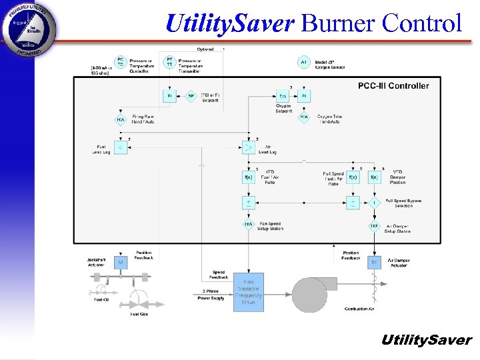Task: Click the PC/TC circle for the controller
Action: (x=121, y=63)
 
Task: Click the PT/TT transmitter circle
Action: (x=169, y=62)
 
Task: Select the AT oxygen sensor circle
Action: (x=304, y=63)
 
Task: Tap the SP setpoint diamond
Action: (x=191, y=96)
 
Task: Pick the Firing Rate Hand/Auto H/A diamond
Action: (x=121, y=120)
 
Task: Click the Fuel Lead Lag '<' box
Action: (x=121, y=147)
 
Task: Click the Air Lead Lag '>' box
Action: (x=249, y=147)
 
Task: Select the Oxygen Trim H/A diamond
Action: (x=304, y=117)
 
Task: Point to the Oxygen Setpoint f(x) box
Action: (x=283, y=96)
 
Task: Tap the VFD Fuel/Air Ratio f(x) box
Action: (x=249, y=177)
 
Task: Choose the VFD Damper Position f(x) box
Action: (x=374, y=177)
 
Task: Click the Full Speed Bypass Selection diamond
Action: (x=374, y=202)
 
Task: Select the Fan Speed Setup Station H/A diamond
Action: (x=249, y=225)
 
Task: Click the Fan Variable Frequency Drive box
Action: (x=249, y=292)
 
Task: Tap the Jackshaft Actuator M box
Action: (x=121, y=263)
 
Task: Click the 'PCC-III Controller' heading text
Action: (x=393, y=86)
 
